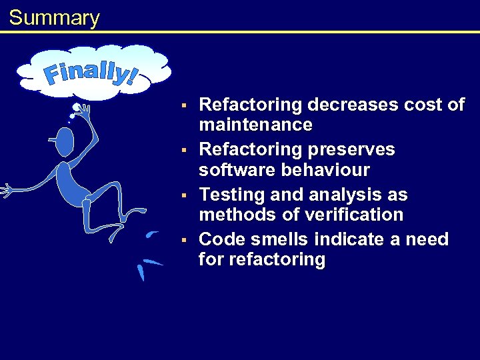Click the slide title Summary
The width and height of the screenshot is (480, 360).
tap(54, 18)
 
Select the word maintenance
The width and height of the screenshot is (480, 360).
tap(255, 125)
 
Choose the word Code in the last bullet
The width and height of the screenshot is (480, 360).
tap(221, 239)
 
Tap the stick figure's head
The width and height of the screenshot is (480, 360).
tap(65, 141)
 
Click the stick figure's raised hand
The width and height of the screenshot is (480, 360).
tap(83, 109)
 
